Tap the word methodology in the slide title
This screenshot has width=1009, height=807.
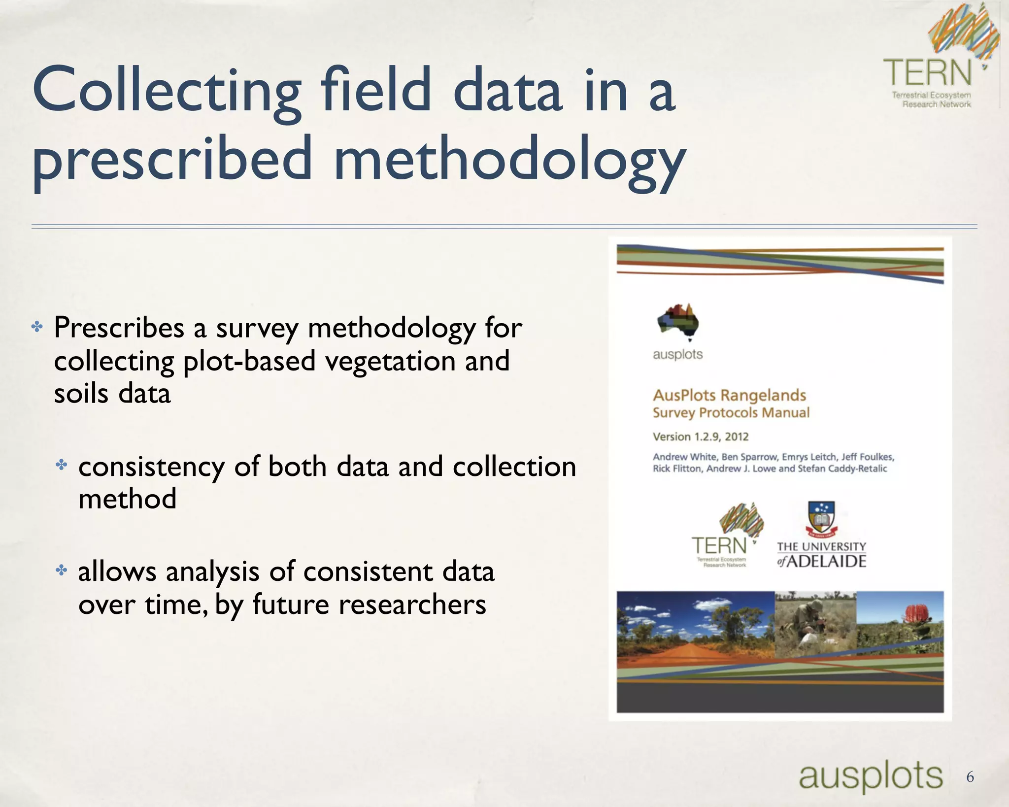click(x=509, y=160)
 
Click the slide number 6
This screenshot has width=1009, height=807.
click(x=970, y=776)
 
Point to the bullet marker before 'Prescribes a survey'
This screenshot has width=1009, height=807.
click(x=37, y=327)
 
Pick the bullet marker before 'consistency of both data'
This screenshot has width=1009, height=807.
click(x=62, y=465)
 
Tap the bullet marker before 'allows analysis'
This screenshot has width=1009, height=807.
click(x=62, y=571)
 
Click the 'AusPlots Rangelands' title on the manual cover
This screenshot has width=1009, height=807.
click(x=729, y=395)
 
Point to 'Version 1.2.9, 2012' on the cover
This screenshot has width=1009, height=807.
click(x=701, y=437)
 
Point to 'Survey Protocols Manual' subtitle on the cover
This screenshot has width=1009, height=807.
click(x=731, y=413)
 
